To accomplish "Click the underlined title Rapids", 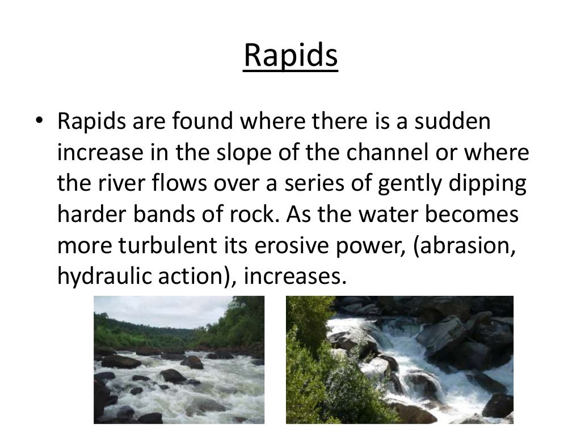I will (290, 57).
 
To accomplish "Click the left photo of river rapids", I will (179, 360).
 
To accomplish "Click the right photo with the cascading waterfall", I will (399, 360).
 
